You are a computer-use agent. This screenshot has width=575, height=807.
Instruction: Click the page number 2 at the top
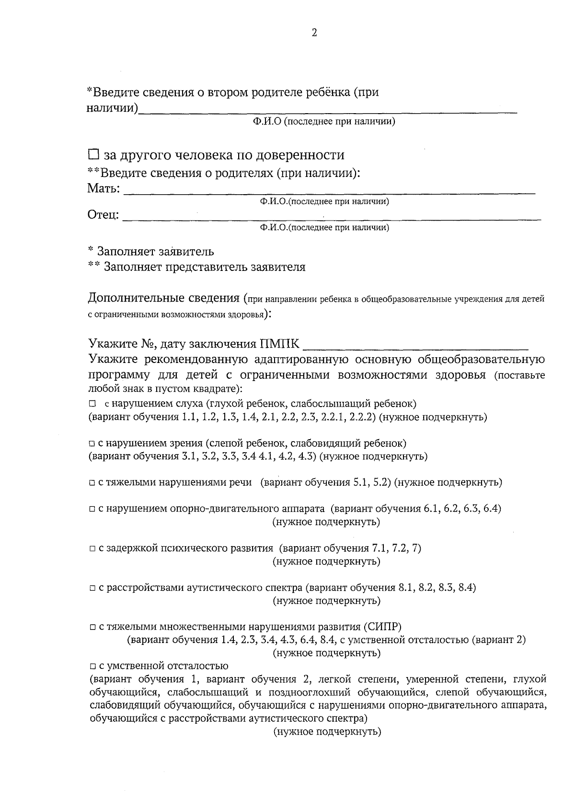(314, 33)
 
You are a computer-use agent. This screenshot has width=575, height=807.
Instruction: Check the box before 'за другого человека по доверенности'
(93, 155)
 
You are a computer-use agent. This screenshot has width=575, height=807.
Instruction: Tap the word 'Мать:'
(103, 188)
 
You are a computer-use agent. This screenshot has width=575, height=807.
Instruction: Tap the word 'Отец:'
(103, 215)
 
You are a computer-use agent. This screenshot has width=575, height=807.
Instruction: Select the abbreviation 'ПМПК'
(280, 344)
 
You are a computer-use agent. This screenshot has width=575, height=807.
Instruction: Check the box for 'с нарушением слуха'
(92, 404)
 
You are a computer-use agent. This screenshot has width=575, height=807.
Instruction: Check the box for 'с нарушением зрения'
(92, 444)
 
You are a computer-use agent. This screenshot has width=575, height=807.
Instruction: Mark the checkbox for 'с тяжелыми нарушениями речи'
(92, 483)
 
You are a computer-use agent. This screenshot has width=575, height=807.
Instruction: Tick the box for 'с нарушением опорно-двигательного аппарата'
(92, 509)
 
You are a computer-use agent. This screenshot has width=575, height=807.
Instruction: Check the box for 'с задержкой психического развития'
(92, 549)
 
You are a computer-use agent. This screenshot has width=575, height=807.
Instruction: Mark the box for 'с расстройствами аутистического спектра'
(92, 588)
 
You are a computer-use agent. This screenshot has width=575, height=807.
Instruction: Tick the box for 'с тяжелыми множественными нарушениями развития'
(92, 627)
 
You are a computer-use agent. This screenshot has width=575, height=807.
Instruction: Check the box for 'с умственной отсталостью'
(92, 667)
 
